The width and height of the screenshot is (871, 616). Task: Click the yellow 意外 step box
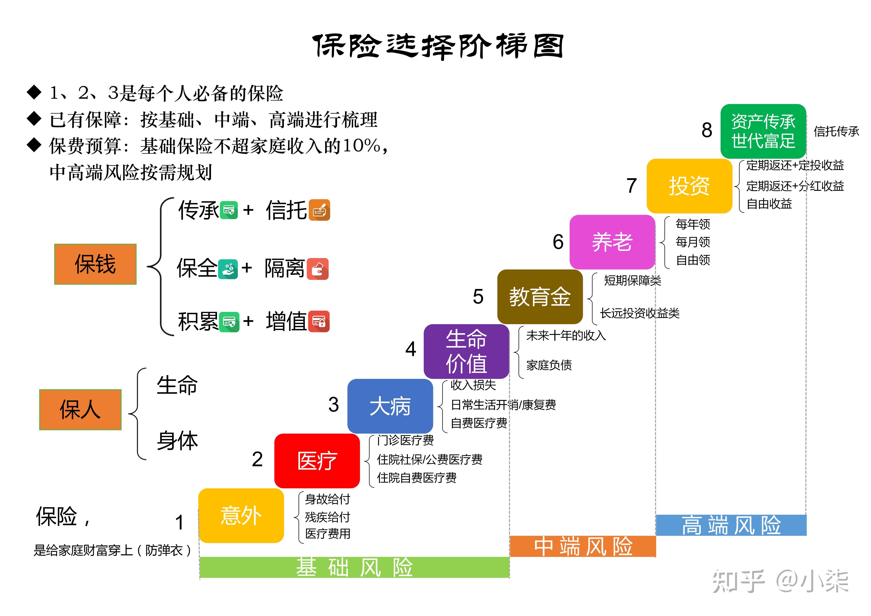pyautogui.click(x=241, y=515)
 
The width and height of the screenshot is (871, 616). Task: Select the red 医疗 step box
pyautogui.click(x=317, y=461)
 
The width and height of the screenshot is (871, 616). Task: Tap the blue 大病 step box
pyautogui.click(x=390, y=406)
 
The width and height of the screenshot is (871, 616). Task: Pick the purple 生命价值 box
pyautogui.click(x=466, y=351)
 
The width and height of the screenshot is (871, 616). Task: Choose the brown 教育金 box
pyautogui.click(x=540, y=297)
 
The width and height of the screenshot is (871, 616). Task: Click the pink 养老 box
pyautogui.click(x=612, y=242)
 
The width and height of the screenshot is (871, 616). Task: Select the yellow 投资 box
pyautogui.click(x=689, y=186)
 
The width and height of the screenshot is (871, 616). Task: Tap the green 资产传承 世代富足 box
pyautogui.click(x=763, y=131)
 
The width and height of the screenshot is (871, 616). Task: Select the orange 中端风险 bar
pyautogui.click(x=583, y=546)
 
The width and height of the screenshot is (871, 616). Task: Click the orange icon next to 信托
pyautogui.click(x=319, y=210)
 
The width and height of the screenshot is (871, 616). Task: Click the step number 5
pyautogui.click(x=478, y=297)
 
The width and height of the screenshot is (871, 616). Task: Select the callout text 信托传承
pyautogui.click(x=836, y=131)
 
